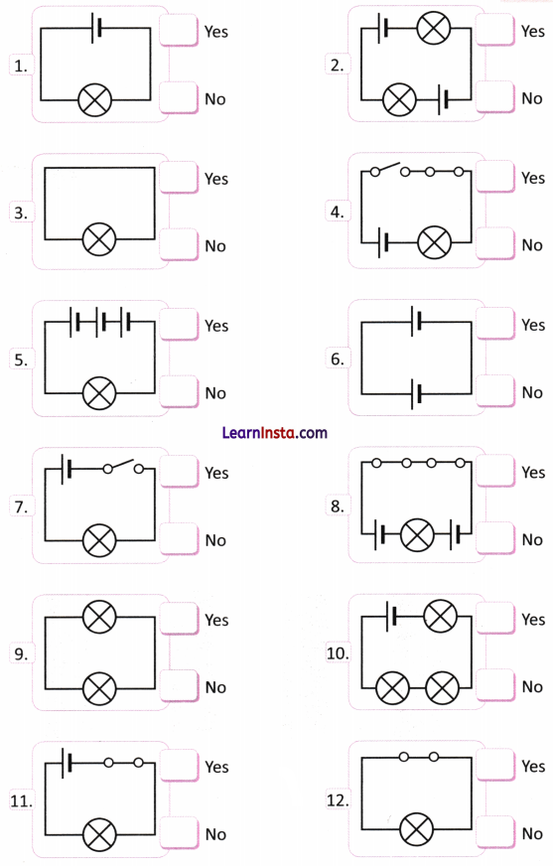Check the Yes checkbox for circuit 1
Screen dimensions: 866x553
[179, 31]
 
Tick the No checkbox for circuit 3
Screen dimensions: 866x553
[179, 245]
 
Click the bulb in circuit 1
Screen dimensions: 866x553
[95, 100]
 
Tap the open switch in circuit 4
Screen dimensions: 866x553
[389, 169]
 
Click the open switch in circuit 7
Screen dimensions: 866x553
[122, 466]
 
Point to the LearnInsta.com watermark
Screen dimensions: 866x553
[273, 433]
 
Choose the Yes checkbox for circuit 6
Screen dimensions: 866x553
[495, 325]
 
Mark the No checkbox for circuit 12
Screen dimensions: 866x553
[495, 833]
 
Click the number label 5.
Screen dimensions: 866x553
[21, 361]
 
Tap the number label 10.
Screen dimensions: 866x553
[337, 653]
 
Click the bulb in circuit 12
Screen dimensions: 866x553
[417, 829]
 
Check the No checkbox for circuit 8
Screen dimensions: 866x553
[495, 539]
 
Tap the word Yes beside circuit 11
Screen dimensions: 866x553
[216, 767]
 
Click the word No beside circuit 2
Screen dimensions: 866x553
[532, 98]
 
